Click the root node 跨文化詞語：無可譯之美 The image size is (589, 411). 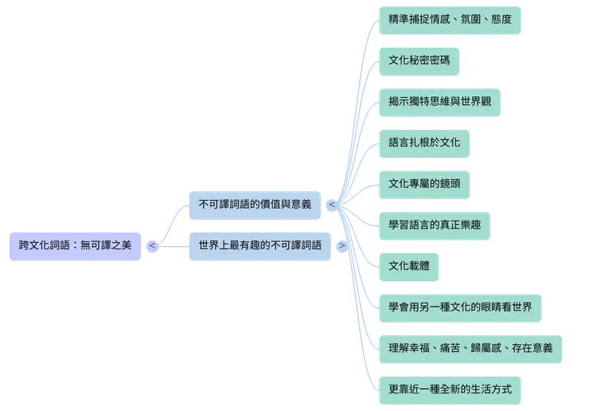tap(74, 246)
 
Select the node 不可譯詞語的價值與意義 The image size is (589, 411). tap(255, 205)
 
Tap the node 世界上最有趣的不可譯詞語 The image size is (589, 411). tap(259, 245)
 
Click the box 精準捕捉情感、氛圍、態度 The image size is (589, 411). tap(450, 19)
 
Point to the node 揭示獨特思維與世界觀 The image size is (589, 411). tap(439, 101)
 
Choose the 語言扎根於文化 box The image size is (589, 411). tap(425, 143)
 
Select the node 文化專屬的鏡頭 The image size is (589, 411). tap(424, 184)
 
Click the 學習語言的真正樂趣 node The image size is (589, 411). tap(435, 225)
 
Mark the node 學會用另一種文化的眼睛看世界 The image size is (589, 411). tap(460, 307)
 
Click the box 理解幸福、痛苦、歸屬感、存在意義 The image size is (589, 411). tap(471, 348)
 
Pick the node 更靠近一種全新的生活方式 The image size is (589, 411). tap(450, 389)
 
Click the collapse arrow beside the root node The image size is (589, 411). tap(151, 246)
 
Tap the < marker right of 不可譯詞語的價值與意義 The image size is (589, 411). tap(331, 205)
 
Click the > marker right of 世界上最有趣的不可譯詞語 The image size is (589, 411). tap(341, 245)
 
